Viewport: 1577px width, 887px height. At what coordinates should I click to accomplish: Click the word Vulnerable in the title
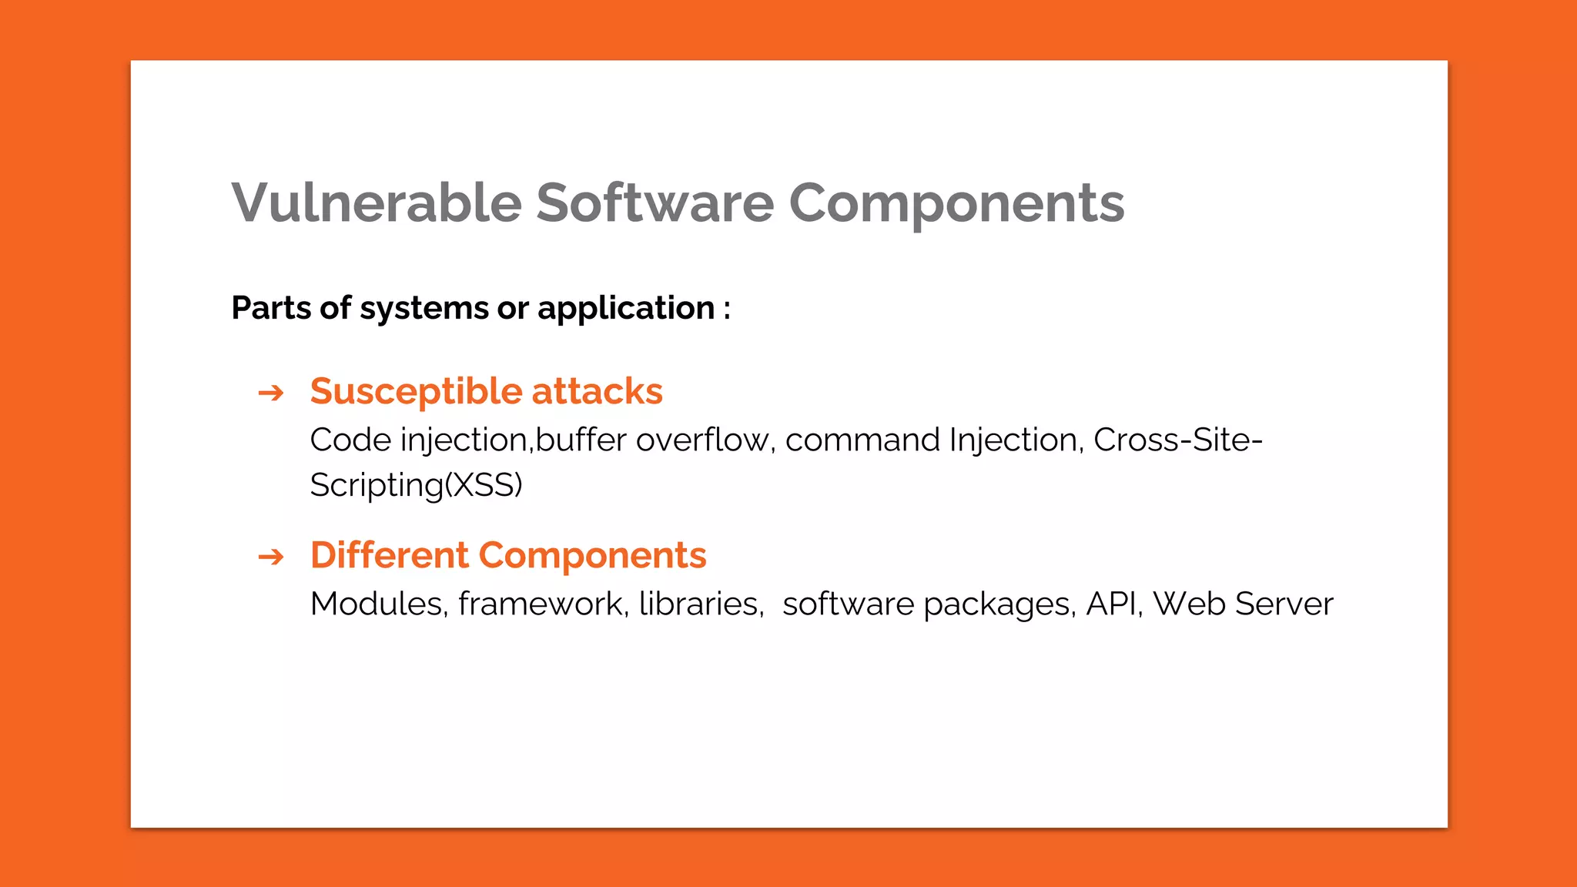click(377, 203)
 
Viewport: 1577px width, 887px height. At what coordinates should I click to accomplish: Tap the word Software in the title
click(655, 203)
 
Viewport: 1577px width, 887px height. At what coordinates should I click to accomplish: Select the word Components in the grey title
click(956, 203)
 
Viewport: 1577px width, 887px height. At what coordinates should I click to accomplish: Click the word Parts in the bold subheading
click(270, 308)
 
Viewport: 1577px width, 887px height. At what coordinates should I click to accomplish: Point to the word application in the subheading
click(626, 308)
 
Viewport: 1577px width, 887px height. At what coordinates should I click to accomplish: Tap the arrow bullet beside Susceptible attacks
click(271, 393)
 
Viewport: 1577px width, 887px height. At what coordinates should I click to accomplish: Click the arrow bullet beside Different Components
click(271, 557)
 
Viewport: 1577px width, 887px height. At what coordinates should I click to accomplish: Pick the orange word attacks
click(597, 391)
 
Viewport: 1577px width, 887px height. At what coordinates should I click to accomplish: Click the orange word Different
click(390, 555)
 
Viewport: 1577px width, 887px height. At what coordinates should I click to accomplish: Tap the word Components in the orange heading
click(592, 555)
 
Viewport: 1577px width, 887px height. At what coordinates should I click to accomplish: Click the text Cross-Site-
click(1177, 440)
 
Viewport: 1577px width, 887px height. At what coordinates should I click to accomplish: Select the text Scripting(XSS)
click(416, 485)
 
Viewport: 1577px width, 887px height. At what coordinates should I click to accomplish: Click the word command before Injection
click(863, 440)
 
